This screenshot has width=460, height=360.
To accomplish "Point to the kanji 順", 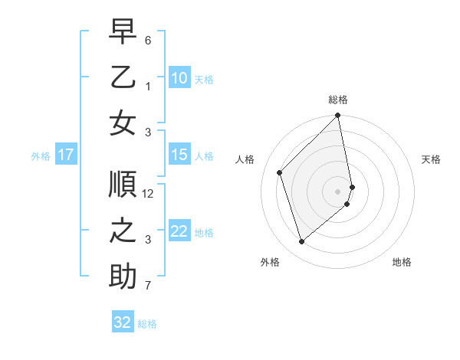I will (123, 185).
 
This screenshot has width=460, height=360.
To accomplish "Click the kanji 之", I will (123, 231).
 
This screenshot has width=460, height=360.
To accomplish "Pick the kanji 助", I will (123, 277).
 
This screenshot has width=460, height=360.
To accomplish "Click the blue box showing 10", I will (179, 77).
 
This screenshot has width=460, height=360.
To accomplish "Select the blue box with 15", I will (179, 155).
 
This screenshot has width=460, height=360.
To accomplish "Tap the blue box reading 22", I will (179, 231).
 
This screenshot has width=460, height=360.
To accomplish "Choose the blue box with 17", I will (65, 155).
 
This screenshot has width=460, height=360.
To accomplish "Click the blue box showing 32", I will (123, 322).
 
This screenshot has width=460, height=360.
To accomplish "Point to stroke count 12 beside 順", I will (149, 194).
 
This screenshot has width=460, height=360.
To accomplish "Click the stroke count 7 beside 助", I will (148, 286).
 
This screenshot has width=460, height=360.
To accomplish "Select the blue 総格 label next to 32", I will (147, 323).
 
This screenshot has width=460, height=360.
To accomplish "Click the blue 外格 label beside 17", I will (41, 155).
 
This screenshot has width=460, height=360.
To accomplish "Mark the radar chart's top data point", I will (338, 116).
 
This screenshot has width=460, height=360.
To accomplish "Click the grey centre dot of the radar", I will (338, 191).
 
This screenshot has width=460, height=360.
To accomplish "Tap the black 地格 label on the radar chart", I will (402, 262).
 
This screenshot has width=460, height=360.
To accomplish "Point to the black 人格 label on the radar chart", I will (245, 159).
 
